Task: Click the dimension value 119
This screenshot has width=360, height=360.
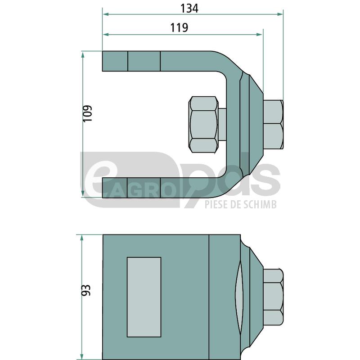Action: [x=179, y=28]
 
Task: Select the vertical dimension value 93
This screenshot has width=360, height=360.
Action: [x=86, y=290]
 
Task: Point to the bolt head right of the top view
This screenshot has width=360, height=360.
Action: [x=273, y=125]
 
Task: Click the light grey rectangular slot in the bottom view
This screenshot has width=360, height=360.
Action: [x=144, y=297]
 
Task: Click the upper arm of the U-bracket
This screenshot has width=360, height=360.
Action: [x=157, y=61]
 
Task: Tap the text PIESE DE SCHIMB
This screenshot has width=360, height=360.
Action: [x=240, y=205]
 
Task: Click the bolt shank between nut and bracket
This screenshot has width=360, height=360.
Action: [x=222, y=124]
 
